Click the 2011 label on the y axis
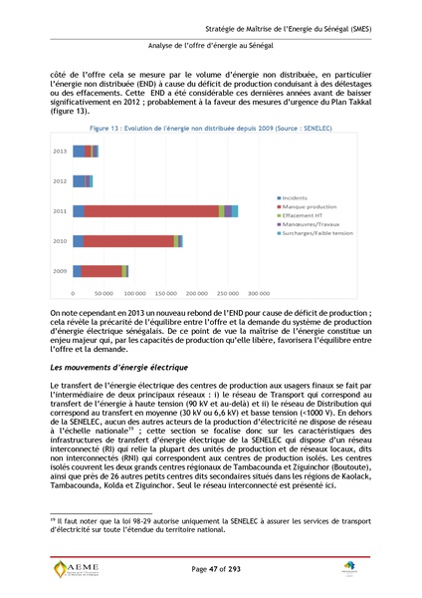coord(59,211)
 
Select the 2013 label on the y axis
coord(59,151)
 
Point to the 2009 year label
coord(59,271)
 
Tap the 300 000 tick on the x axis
coord(259,294)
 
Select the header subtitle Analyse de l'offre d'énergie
coord(210,46)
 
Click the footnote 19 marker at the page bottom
coord(53,519)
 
